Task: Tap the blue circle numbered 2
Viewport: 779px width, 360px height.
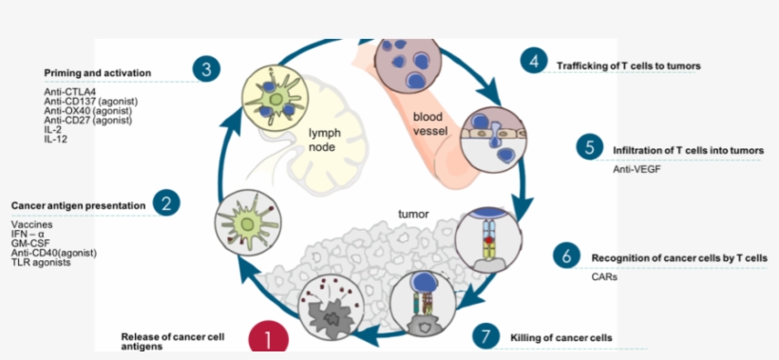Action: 166,202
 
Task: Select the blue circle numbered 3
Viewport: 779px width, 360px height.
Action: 206,69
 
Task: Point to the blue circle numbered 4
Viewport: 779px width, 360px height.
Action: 534,62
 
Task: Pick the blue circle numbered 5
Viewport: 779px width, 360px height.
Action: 590,147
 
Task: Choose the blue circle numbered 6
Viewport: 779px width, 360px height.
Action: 566,255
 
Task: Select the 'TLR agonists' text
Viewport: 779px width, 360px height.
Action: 41,261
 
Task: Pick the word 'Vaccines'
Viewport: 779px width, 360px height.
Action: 32,224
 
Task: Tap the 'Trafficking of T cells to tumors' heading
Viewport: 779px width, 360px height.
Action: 629,66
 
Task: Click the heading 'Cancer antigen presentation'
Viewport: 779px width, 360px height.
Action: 78,204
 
